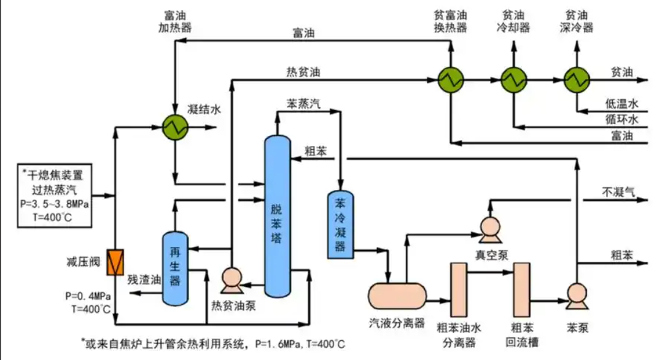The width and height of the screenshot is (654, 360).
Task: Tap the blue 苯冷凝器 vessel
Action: click(x=340, y=225)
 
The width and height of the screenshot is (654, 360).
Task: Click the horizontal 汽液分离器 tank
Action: click(x=397, y=295)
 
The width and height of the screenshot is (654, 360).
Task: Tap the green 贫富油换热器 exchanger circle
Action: click(x=450, y=79)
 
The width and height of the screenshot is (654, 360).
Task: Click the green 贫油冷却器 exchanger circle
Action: click(x=513, y=79)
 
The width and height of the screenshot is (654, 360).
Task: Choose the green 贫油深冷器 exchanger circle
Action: click(x=577, y=79)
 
